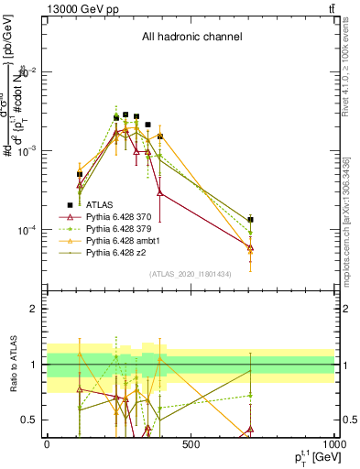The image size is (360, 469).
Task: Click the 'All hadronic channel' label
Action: (x=191, y=38)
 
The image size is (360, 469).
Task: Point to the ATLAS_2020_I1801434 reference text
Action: (x=191, y=274)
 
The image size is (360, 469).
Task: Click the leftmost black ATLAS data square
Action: (x=80, y=174)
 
